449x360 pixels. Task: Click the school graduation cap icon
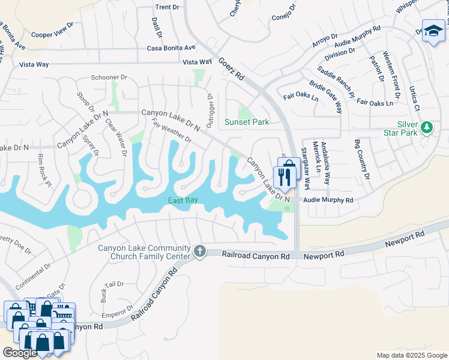click(433, 30)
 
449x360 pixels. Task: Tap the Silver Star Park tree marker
click(426, 127)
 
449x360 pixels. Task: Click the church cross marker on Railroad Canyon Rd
click(199, 252)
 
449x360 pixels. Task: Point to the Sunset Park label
click(246, 122)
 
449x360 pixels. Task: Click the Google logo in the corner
click(20, 353)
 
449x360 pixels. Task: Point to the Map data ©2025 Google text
click(411, 355)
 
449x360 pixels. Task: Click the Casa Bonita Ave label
click(172, 47)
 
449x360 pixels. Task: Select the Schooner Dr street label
click(110, 77)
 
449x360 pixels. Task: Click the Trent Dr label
click(167, 7)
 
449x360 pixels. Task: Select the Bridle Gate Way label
click(327, 96)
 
